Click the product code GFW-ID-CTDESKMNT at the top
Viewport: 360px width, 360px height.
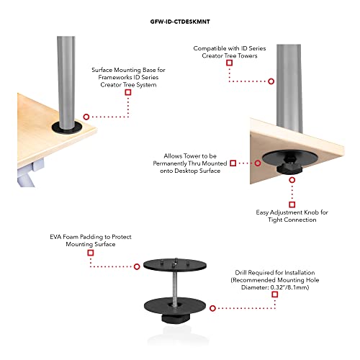pos(180,22)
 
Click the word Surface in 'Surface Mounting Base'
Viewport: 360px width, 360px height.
pos(104,70)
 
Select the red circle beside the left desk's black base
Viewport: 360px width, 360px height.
pos(86,116)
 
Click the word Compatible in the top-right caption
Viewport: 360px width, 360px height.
pos(210,48)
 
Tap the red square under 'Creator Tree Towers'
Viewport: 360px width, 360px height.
pos(230,63)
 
